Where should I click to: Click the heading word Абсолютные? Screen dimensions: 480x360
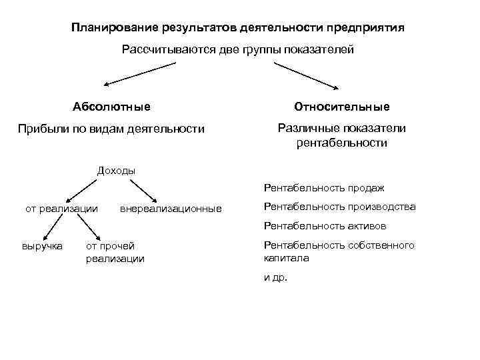tap(111, 107)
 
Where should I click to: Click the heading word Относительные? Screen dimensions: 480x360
tap(341, 107)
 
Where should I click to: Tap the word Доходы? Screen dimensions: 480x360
tap(116, 170)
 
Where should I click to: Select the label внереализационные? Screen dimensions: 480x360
tap(171, 209)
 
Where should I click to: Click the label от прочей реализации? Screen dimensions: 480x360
tap(115, 252)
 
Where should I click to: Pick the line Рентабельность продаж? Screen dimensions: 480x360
tap(324, 188)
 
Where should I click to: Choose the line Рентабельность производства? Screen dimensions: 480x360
tap(339, 207)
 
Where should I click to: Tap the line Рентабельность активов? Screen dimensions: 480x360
tap(325, 225)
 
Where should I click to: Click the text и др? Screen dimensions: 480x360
tap(275, 277)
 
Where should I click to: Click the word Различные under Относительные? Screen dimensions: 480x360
tap(305, 128)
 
